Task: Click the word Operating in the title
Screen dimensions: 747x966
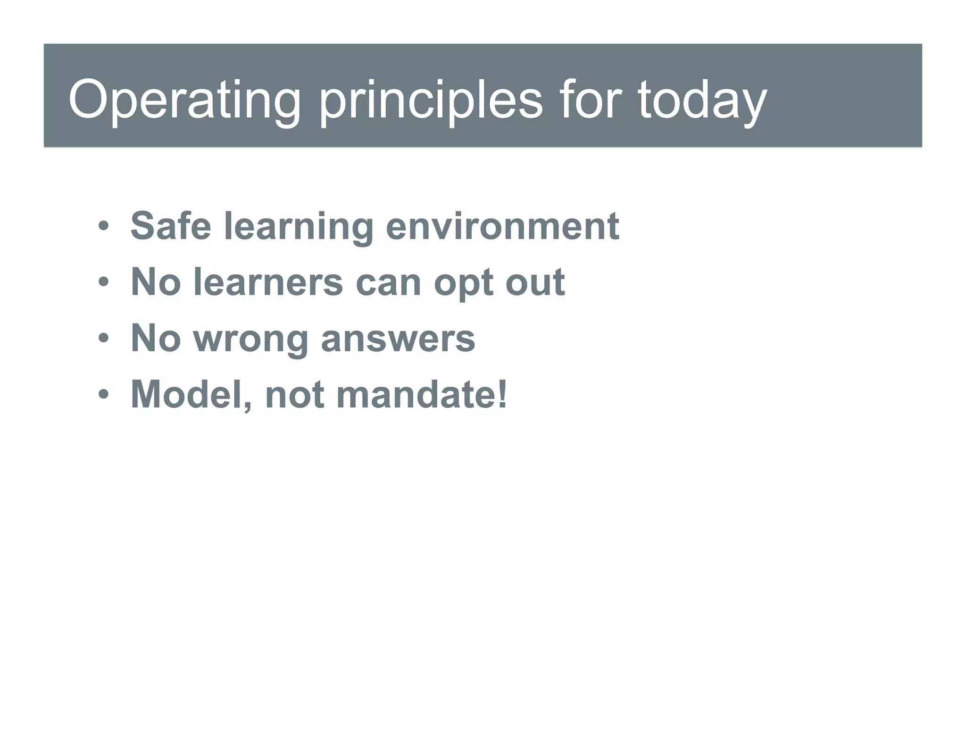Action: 184,100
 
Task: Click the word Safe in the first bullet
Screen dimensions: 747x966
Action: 170,226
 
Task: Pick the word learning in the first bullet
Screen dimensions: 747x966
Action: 299,226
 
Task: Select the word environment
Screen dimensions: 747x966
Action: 502,226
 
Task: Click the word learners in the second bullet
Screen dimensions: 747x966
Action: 268,282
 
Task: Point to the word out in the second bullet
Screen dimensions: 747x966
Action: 535,282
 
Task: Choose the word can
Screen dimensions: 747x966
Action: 388,282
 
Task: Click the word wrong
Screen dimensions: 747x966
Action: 251,339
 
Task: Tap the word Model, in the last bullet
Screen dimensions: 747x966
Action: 191,395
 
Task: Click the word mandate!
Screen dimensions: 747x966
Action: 422,395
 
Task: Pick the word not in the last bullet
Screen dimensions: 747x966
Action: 294,395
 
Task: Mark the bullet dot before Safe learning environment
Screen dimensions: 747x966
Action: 104,227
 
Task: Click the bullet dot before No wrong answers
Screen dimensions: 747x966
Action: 104,339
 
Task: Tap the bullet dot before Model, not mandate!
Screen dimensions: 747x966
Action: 104,395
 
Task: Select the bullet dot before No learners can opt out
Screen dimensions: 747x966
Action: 104,283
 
